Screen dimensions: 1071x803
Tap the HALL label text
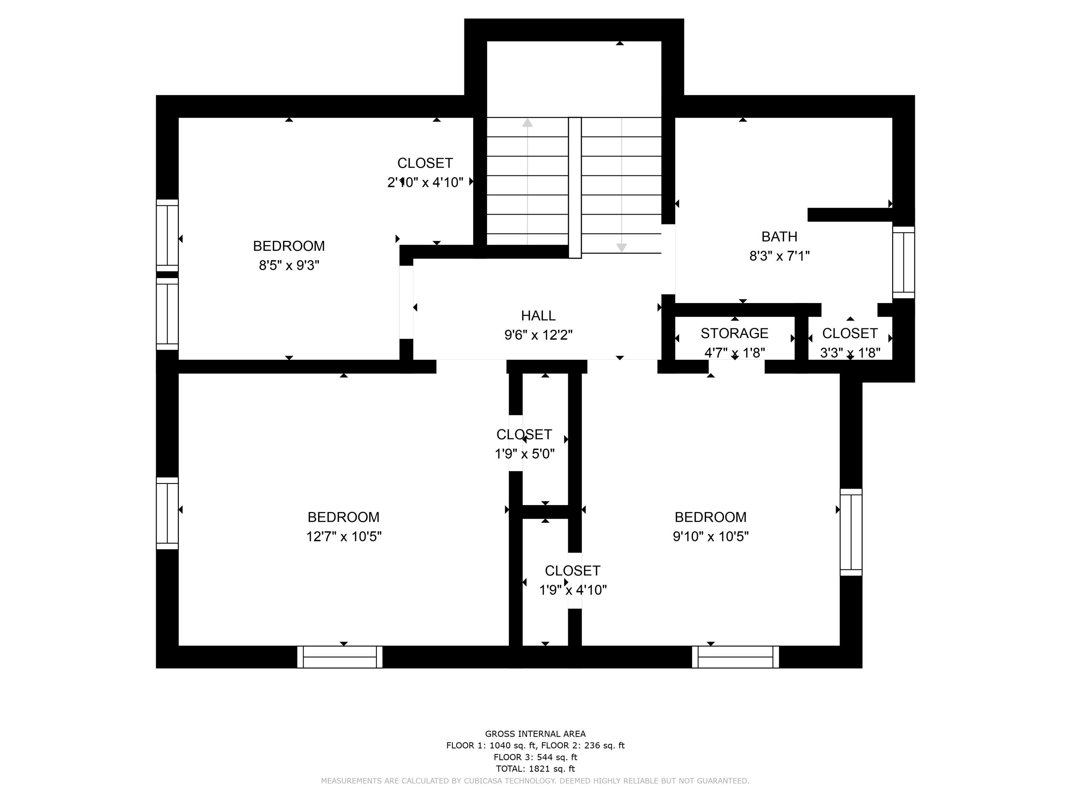click(x=538, y=315)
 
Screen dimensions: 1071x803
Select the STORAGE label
click(x=734, y=333)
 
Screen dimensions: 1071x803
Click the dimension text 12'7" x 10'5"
click(x=344, y=536)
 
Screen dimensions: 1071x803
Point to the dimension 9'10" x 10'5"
click(x=710, y=536)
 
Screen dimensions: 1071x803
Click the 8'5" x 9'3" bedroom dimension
click(x=289, y=265)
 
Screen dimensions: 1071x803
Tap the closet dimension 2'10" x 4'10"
click(x=425, y=182)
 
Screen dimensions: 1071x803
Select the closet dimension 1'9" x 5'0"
click(x=524, y=454)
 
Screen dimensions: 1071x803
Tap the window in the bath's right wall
click(x=904, y=262)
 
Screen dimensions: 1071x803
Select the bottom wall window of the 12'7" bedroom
click(x=340, y=657)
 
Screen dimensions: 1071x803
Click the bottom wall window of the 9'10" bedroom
click(x=735, y=657)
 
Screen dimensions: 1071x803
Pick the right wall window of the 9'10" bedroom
click(x=851, y=532)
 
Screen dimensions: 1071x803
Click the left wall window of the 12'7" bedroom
click(x=167, y=513)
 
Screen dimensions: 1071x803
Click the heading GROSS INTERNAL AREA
click(x=535, y=734)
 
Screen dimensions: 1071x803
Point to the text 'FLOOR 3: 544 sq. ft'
click(x=535, y=757)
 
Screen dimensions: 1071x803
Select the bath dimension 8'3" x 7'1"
click(x=780, y=256)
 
